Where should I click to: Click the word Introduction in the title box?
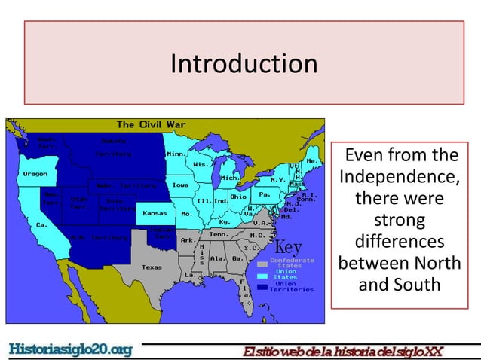(244, 63)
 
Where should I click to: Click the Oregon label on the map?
(35, 174)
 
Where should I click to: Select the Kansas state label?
(155, 213)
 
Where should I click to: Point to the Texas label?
(152, 267)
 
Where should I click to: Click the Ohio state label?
(238, 197)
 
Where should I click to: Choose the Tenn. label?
(219, 234)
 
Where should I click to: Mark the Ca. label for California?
(42, 224)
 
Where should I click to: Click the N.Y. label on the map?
(277, 180)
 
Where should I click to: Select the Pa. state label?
(265, 194)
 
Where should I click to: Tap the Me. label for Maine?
(310, 161)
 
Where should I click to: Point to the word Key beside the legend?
(287, 248)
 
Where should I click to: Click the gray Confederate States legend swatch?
(262, 264)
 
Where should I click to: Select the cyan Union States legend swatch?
(262, 276)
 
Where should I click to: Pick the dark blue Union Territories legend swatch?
(262, 287)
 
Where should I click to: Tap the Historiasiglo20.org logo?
(70, 349)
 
